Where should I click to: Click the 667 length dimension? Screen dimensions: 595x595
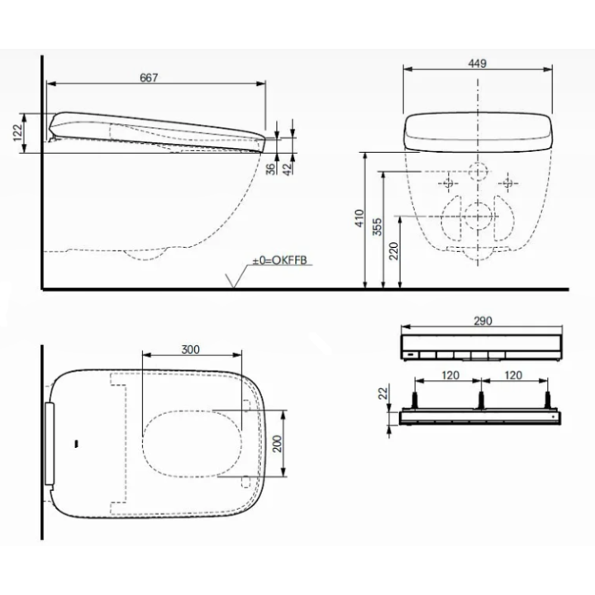pyautogui.click(x=149, y=77)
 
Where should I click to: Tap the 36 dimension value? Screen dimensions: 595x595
pyautogui.click(x=269, y=167)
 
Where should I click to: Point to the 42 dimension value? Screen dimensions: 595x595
pyautogui.click(x=288, y=167)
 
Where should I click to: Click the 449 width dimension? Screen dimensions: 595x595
pyautogui.click(x=477, y=64)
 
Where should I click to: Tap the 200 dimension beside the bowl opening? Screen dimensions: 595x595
pyautogui.click(x=278, y=443)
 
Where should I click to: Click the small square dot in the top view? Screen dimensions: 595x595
pyautogui.click(x=76, y=444)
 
